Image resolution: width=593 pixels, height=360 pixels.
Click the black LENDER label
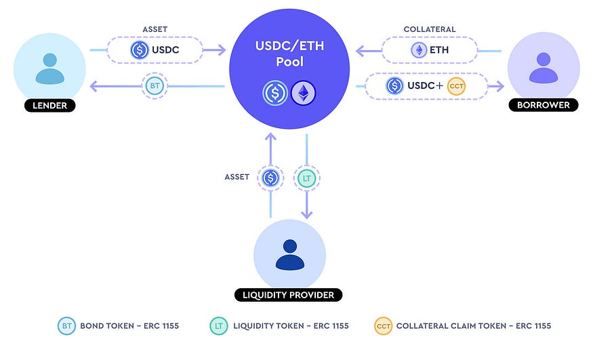tap(49, 105)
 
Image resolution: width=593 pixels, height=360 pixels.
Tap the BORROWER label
tap(543, 105)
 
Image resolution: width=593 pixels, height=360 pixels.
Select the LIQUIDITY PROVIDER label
tap(288, 295)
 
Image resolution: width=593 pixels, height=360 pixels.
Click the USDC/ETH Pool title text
tap(289, 54)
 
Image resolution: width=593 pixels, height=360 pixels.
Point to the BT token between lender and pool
tap(155, 86)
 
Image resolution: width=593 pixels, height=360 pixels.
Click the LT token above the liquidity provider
tap(307, 178)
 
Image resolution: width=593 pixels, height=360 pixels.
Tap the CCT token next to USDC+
tap(457, 86)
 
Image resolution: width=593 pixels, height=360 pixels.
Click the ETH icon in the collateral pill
tap(419, 50)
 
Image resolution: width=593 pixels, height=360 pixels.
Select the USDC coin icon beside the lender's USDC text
tap(140, 50)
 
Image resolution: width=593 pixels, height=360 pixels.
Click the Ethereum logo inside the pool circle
tap(304, 93)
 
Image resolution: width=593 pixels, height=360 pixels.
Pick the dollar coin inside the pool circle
tap(275, 93)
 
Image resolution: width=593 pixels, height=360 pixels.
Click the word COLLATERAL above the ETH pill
tap(430, 30)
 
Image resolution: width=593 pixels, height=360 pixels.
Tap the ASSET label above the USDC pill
tap(155, 30)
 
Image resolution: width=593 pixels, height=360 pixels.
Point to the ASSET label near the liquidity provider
tap(237, 177)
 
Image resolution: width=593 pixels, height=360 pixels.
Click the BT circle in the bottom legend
tap(67, 326)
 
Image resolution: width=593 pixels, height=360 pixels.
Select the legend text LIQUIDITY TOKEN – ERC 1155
tap(291, 326)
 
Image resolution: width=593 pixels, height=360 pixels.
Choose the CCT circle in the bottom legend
tap(384, 326)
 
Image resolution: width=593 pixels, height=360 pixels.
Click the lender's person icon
tap(50, 68)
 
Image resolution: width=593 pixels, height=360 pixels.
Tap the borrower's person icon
tap(544, 68)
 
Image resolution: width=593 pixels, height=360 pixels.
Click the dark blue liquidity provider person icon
tap(289, 254)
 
